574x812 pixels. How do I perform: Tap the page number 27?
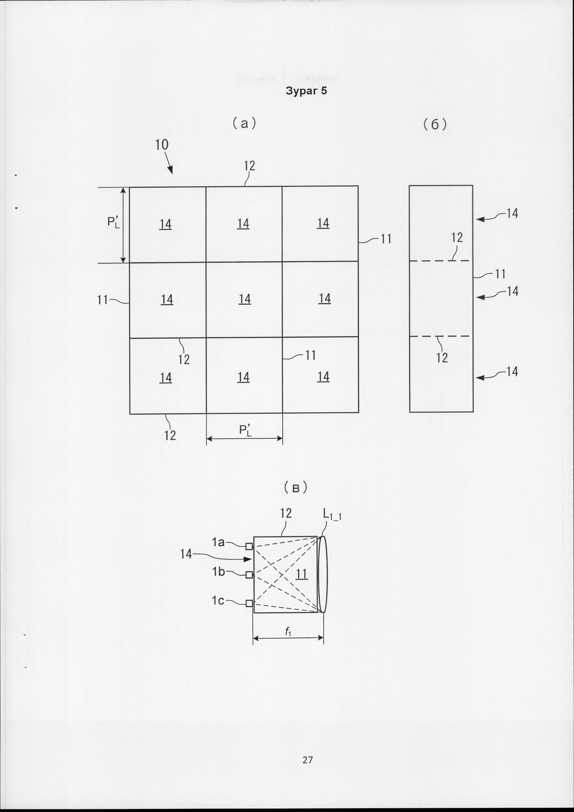pos(308,759)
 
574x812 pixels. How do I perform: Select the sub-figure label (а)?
pos(244,123)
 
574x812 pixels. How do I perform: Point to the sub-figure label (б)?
pos(435,124)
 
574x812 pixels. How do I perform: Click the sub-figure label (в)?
pos(296,488)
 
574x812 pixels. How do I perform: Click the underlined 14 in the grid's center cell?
pos(245,299)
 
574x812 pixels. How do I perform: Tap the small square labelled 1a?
pos(249,546)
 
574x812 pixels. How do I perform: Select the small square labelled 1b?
pos(249,575)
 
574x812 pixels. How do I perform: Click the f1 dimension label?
pos(288,632)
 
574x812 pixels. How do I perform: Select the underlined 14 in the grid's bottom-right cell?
pos(323,377)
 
